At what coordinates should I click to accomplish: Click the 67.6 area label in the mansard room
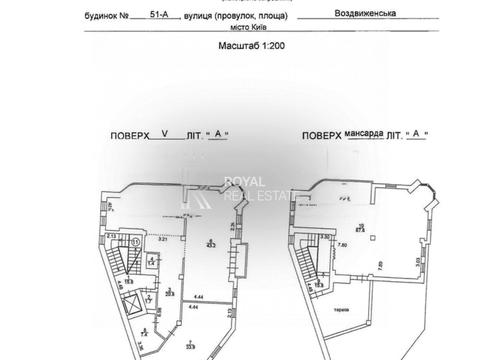pyautogui.click(x=350, y=228)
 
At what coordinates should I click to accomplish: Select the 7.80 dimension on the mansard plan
pyautogui.click(x=341, y=246)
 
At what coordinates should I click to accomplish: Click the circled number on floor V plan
pyautogui.click(x=134, y=241)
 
